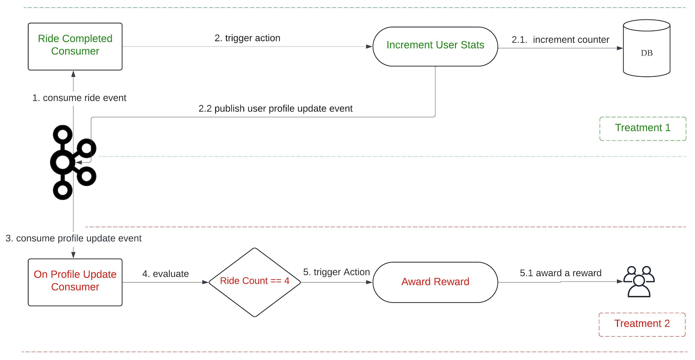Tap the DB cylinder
tap(646, 48)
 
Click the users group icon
tap(639, 282)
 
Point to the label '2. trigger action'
tap(247, 38)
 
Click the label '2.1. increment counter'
tap(560, 40)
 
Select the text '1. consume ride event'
tap(79, 98)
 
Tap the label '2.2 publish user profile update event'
tap(275, 109)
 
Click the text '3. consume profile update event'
tap(73, 238)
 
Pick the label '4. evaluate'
tap(165, 274)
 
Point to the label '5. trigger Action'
tap(336, 272)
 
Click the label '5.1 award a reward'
tap(560, 273)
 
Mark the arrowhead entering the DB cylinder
tap(620, 48)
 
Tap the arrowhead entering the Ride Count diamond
tap(205, 282)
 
